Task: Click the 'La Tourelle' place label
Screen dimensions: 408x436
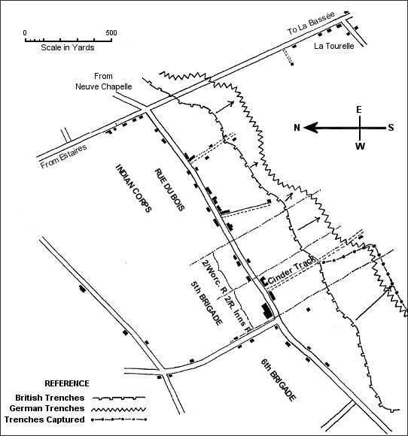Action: (334, 46)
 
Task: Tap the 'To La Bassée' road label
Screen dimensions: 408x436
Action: (311, 23)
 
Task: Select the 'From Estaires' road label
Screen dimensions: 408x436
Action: (63, 156)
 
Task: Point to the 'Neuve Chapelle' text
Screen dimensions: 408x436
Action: (104, 86)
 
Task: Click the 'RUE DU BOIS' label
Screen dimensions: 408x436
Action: (169, 190)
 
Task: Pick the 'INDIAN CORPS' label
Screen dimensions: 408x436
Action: (134, 188)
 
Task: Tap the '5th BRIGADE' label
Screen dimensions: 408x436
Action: (207, 303)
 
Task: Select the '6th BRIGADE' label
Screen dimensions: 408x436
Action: (278, 380)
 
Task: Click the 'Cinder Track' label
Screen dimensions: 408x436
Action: (292, 271)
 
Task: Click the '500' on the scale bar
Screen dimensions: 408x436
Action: (111, 33)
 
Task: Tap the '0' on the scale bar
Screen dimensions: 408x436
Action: (25, 33)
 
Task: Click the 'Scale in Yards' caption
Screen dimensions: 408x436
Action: (68, 47)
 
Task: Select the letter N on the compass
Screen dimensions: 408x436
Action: (297, 128)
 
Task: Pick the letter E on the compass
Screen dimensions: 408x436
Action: (359, 110)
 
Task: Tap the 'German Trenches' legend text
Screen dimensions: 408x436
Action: (47, 408)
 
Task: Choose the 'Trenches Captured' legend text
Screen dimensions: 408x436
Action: (44, 419)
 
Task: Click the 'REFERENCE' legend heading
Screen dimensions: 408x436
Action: (67, 383)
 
